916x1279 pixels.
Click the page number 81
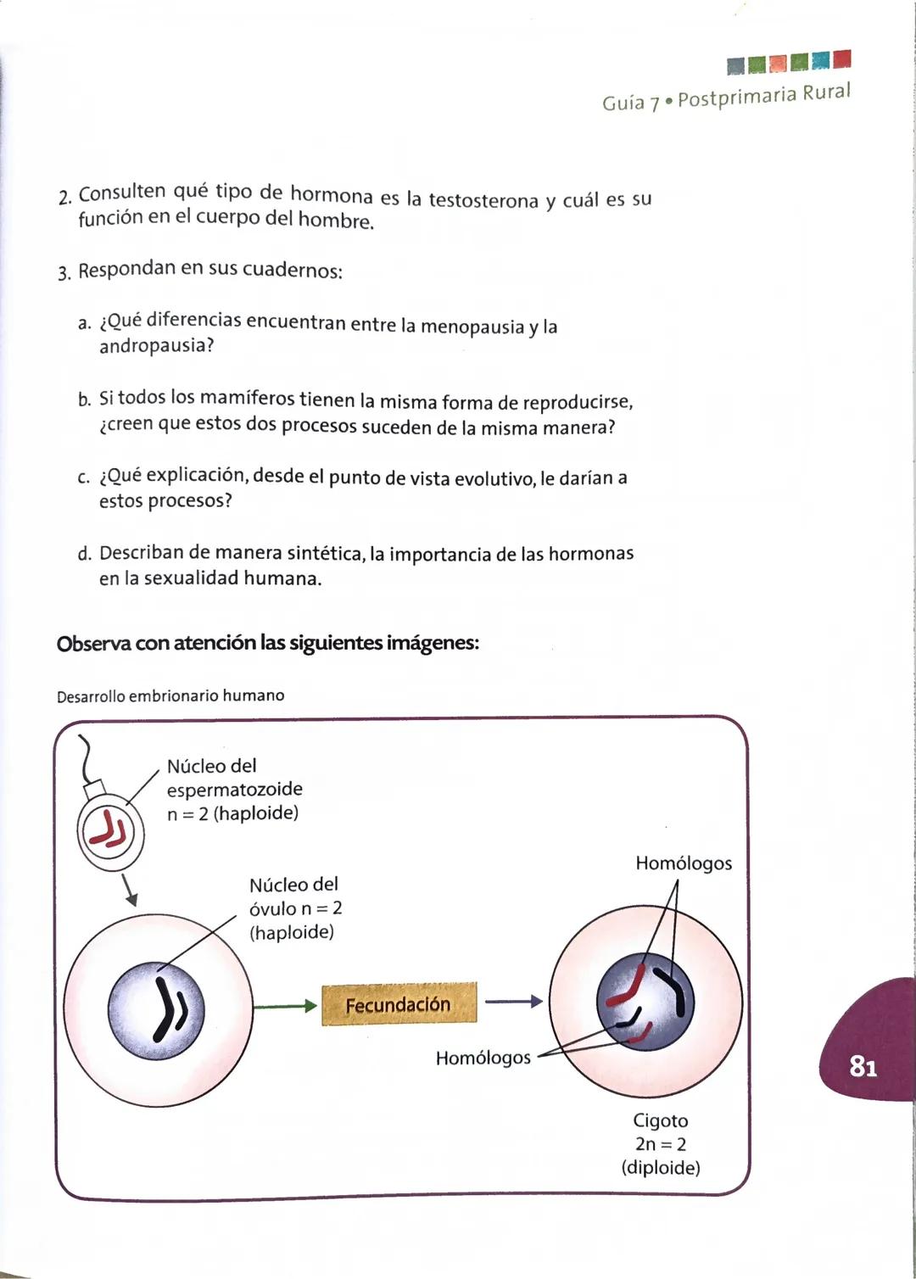(862, 1065)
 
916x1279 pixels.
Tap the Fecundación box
(399, 1004)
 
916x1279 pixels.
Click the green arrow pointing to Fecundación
(285, 1006)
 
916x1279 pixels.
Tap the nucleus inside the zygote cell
(645, 1004)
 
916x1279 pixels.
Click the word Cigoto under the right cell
(660, 1120)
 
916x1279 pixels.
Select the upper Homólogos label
(683, 863)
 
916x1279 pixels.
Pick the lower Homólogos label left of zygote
(483, 1058)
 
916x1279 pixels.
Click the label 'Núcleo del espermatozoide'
(234, 778)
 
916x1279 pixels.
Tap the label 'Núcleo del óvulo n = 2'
(295, 896)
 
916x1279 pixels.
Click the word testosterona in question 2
(483, 200)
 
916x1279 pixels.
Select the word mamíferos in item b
(246, 399)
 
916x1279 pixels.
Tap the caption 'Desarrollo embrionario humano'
(170, 695)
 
